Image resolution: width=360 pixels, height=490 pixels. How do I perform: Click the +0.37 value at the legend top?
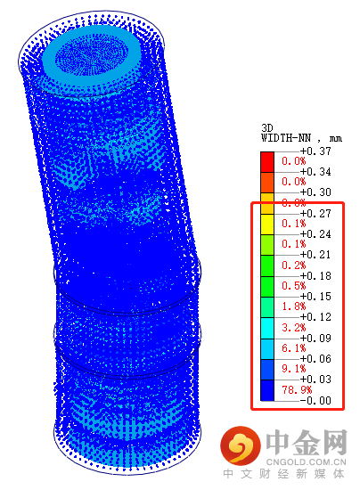[315, 151]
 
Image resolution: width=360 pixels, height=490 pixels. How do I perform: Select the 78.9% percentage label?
[297, 389]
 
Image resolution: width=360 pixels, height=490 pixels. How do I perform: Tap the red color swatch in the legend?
[267, 162]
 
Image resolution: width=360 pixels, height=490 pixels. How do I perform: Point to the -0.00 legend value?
[315, 400]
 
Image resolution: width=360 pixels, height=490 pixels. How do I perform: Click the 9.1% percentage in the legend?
[294, 369]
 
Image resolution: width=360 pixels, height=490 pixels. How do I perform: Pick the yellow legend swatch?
[267, 225]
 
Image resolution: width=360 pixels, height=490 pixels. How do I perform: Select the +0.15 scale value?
[315, 297]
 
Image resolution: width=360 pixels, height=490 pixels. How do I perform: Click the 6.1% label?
[294, 348]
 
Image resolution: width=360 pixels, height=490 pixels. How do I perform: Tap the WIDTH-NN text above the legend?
[286, 138]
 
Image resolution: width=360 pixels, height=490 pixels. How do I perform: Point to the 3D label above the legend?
[267, 127]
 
